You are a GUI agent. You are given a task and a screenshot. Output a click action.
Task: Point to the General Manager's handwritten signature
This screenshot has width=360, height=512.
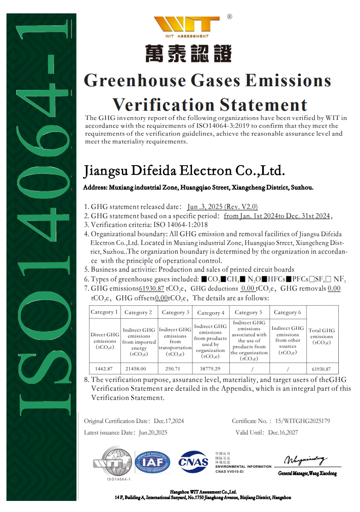click(x=306, y=460)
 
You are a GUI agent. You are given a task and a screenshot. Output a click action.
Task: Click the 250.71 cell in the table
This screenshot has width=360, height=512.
click(x=175, y=369)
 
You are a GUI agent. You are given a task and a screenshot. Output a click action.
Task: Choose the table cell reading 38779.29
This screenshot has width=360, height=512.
click(x=210, y=369)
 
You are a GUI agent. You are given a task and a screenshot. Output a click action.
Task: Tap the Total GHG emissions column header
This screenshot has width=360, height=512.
click(x=322, y=336)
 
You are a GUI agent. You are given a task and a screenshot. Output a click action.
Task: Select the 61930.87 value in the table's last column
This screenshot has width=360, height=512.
click(x=322, y=369)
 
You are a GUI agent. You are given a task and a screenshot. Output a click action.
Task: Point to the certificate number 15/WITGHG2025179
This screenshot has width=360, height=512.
click(x=302, y=421)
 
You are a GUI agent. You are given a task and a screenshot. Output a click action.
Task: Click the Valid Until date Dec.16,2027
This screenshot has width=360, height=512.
click(x=283, y=433)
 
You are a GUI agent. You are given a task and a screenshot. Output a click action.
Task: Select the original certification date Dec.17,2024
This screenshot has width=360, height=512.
click(x=169, y=421)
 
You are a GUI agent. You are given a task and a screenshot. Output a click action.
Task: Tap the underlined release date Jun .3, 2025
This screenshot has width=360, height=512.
click(x=222, y=207)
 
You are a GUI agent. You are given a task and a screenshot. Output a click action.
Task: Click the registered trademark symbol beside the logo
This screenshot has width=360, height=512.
click(x=229, y=17)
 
